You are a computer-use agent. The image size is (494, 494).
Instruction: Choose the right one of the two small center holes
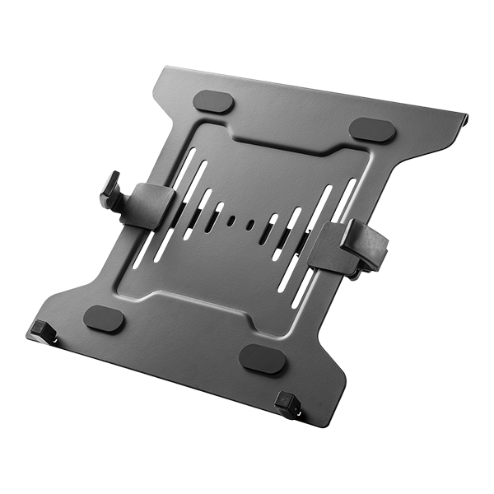click(x=249, y=223)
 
